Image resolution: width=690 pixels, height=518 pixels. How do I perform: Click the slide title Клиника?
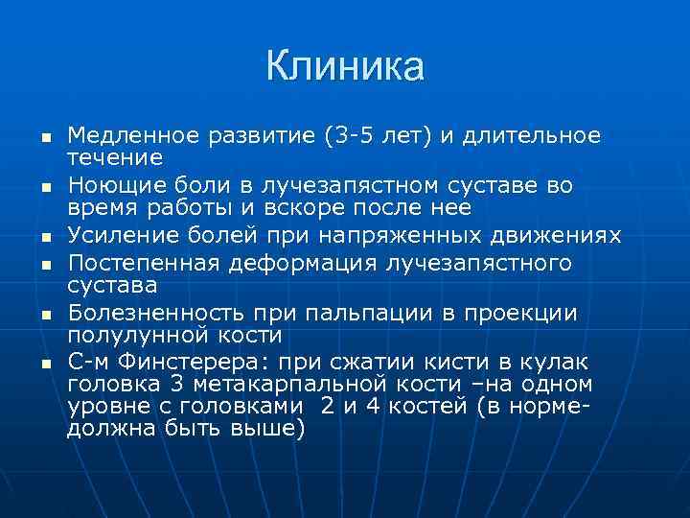click(344, 66)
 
